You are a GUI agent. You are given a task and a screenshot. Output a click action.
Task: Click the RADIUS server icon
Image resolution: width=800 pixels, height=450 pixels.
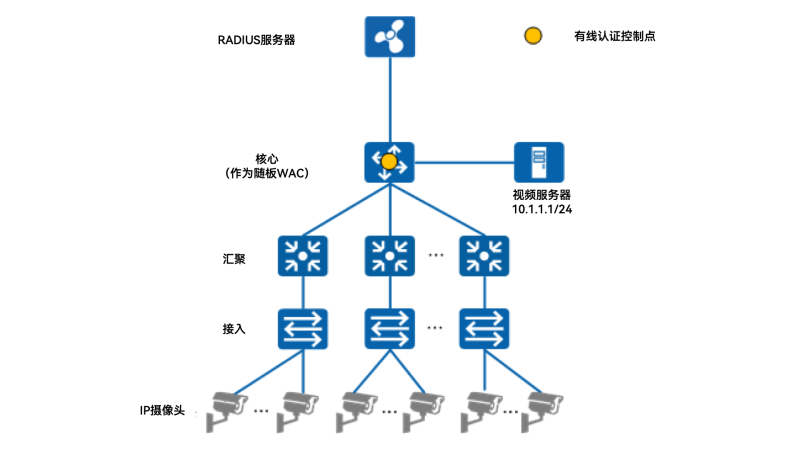point(389,36)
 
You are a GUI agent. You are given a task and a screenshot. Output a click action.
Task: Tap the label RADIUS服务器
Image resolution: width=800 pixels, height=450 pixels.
point(256,40)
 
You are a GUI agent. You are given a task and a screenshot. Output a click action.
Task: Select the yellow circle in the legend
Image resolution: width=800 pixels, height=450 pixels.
point(533,35)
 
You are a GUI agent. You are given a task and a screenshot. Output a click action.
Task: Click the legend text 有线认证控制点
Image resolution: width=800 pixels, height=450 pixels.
point(614,36)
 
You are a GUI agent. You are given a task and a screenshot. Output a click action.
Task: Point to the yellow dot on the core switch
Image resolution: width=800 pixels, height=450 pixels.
point(389,161)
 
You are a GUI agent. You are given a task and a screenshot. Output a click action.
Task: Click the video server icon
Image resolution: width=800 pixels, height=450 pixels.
point(538,162)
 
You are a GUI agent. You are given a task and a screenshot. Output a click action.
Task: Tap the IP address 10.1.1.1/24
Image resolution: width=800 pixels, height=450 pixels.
point(541,209)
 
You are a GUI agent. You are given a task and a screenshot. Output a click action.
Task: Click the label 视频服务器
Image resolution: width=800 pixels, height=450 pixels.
point(541,195)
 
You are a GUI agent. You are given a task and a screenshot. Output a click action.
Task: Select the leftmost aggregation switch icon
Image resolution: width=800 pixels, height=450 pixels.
point(302,256)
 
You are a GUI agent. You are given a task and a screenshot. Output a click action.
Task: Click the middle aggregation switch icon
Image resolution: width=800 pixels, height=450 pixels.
point(389,256)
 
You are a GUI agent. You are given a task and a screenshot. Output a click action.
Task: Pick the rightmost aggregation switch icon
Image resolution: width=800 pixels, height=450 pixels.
point(484,256)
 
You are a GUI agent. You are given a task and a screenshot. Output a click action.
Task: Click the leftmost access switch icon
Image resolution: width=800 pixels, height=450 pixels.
point(302,328)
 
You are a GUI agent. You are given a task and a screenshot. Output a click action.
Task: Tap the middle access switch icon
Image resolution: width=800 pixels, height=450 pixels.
point(389,328)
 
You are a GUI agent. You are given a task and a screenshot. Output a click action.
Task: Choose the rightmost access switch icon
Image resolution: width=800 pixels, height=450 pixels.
point(484,328)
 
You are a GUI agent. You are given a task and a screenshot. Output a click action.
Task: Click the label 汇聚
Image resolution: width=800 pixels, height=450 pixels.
point(234,259)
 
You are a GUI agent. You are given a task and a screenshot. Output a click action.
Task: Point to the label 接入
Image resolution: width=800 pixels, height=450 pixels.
point(234,329)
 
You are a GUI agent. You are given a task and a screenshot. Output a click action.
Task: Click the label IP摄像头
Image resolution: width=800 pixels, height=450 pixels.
point(162,410)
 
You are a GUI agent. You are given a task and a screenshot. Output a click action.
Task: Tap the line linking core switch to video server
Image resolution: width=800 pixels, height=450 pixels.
point(464,162)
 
